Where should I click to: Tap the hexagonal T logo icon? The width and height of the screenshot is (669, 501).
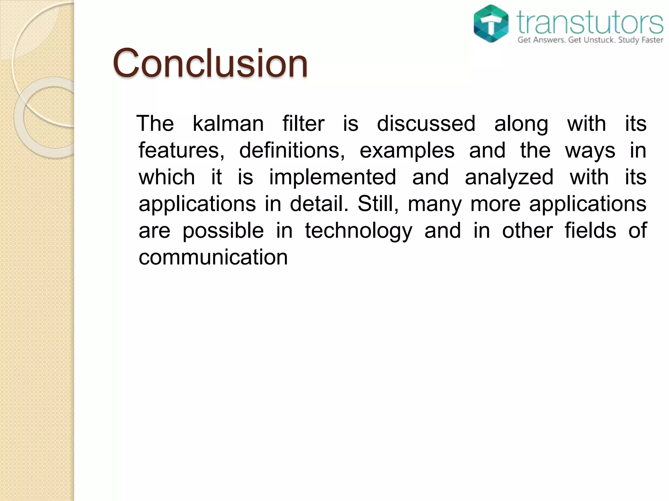(x=491, y=23)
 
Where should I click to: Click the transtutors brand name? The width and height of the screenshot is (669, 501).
(x=590, y=22)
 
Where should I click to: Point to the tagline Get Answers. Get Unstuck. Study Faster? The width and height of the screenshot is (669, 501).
(x=590, y=40)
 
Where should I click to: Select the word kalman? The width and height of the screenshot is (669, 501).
(x=228, y=124)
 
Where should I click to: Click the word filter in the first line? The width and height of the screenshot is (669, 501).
(x=303, y=124)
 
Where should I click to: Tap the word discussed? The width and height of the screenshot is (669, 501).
(x=426, y=124)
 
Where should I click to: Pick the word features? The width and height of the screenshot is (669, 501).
(x=182, y=151)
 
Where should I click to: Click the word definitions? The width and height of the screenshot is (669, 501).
(x=292, y=151)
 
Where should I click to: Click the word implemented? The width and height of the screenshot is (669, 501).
(x=332, y=177)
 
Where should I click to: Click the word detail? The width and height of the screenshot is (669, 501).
(x=319, y=204)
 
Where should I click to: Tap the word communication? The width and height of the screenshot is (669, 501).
(x=213, y=257)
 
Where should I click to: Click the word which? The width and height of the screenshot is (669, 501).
(x=167, y=177)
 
